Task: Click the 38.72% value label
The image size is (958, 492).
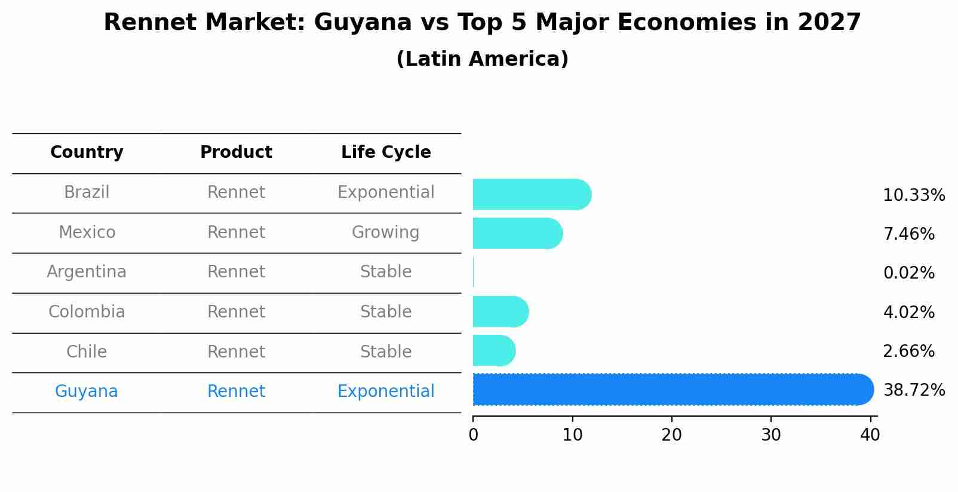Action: [x=914, y=390]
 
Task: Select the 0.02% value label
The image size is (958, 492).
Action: [x=908, y=273]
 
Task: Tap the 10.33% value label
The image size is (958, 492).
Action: [x=914, y=195]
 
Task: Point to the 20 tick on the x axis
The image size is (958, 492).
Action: [x=671, y=435]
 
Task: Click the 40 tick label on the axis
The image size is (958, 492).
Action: [x=870, y=435]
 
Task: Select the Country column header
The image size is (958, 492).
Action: [x=87, y=152]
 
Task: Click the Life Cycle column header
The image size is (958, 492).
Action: [x=386, y=152]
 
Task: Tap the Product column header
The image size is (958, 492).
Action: [x=236, y=152]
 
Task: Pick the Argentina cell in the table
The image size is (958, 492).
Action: [x=87, y=272]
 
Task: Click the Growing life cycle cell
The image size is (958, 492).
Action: [x=385, y=232]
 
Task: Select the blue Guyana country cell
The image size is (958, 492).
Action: [x=87, y=392]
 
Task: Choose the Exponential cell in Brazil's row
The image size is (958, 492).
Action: [x=386, y=192]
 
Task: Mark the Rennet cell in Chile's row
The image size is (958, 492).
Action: [x=236, y=352]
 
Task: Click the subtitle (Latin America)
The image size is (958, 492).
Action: [x=482, y=59]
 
